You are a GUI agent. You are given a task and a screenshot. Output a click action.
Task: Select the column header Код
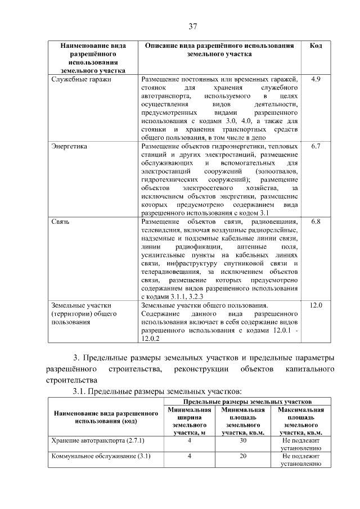click(x=316, y=45)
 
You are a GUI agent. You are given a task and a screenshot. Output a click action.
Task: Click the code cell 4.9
click(x=316, y=79)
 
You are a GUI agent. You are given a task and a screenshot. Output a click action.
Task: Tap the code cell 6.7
click(x=316, y=146)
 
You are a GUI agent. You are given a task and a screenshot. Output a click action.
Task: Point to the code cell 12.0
click(x=316, y=305)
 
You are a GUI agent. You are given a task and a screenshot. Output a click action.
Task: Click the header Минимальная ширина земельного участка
click(x=190, y=422)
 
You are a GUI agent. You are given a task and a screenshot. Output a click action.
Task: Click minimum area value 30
click(x=243, y=442)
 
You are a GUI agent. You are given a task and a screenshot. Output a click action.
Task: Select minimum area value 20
click(x=243, y=456)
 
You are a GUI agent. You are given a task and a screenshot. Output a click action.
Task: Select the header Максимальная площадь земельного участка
click(x=301, y=422)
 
